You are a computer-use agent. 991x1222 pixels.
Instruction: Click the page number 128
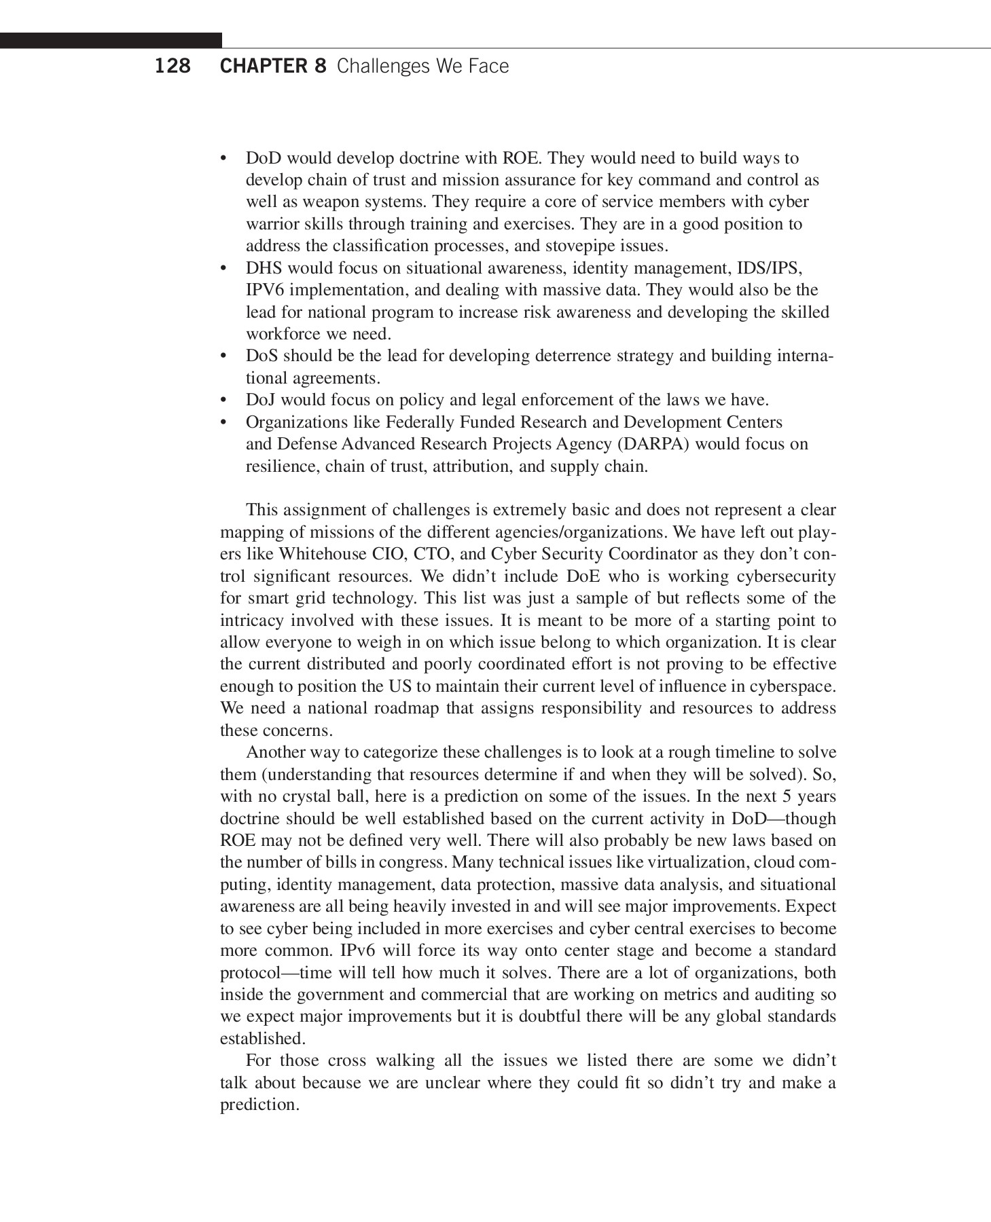(173, 67)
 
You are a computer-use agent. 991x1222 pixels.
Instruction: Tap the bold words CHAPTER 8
(273, 67)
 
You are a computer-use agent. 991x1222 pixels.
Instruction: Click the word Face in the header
(487, 67)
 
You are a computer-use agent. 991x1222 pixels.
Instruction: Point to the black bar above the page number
(111, 41)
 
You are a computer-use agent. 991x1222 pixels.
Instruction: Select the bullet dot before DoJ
(223, 401)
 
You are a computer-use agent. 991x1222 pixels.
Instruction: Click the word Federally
(420, 422)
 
